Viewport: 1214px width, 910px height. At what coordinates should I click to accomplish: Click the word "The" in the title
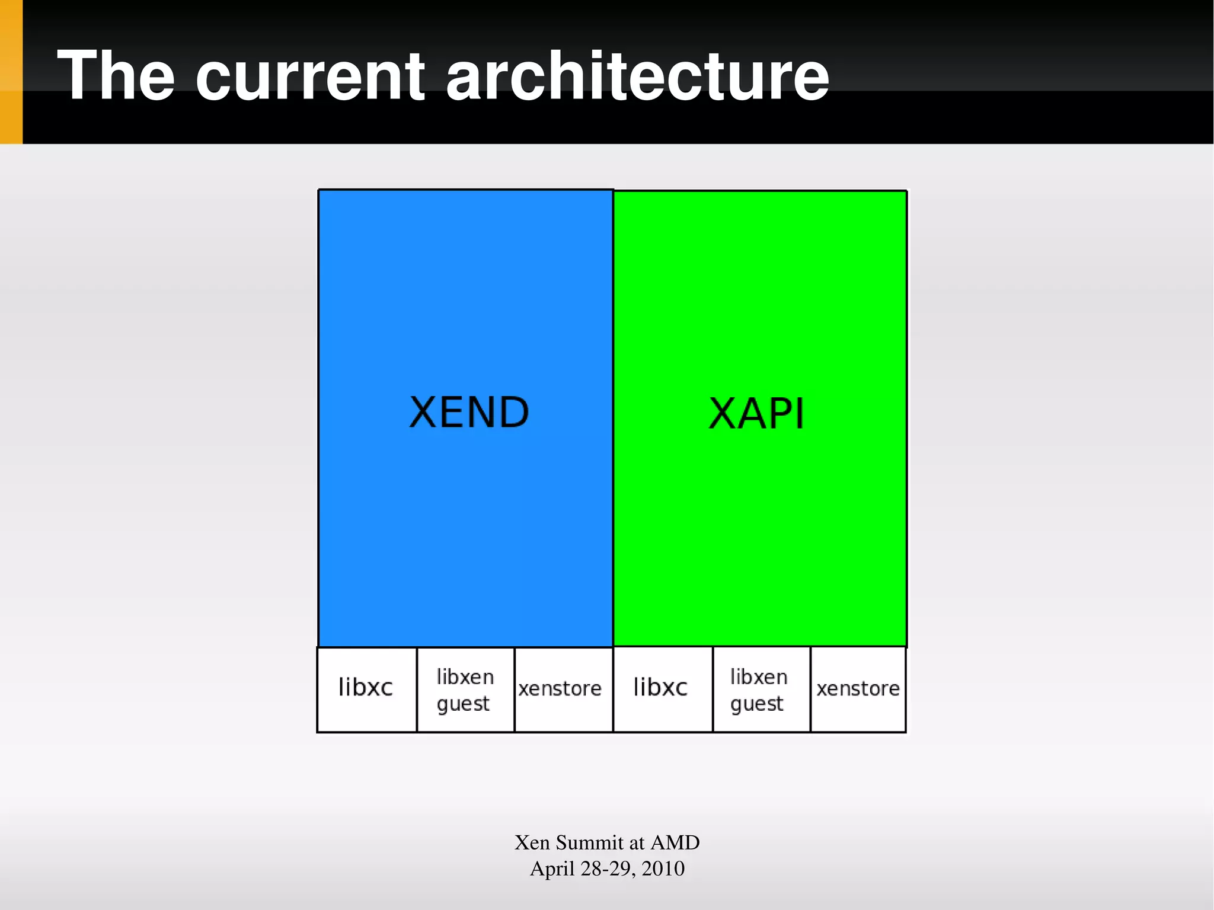click(116, 75)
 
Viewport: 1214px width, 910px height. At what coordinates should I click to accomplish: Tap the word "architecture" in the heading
click(637, 75)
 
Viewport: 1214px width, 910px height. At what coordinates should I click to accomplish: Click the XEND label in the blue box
click(469, 413)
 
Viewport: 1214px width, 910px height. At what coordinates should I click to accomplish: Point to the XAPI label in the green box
click(757, 414)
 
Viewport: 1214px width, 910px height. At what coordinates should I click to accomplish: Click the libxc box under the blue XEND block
click(367, 689)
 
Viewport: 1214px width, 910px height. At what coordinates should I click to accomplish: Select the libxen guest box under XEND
click(465, 689)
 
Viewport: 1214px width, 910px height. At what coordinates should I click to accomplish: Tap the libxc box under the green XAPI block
click(662, 689)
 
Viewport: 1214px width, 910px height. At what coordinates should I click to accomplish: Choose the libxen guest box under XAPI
click(761, 689)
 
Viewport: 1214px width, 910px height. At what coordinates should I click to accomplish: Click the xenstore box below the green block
click(858, 689)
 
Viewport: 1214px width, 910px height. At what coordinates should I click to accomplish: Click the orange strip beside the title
click(11, 72)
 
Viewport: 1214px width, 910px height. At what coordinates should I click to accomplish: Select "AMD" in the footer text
click(675, 842)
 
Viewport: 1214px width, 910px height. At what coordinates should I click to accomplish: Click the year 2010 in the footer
click(663, 869)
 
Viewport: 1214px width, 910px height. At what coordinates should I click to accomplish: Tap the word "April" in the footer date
click(552, 869)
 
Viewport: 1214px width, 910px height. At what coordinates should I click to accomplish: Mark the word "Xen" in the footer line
click(532, 842)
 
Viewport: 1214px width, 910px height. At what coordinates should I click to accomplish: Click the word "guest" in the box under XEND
click(463, 704)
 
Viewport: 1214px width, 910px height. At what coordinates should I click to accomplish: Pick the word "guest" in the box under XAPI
click(756, 704)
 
